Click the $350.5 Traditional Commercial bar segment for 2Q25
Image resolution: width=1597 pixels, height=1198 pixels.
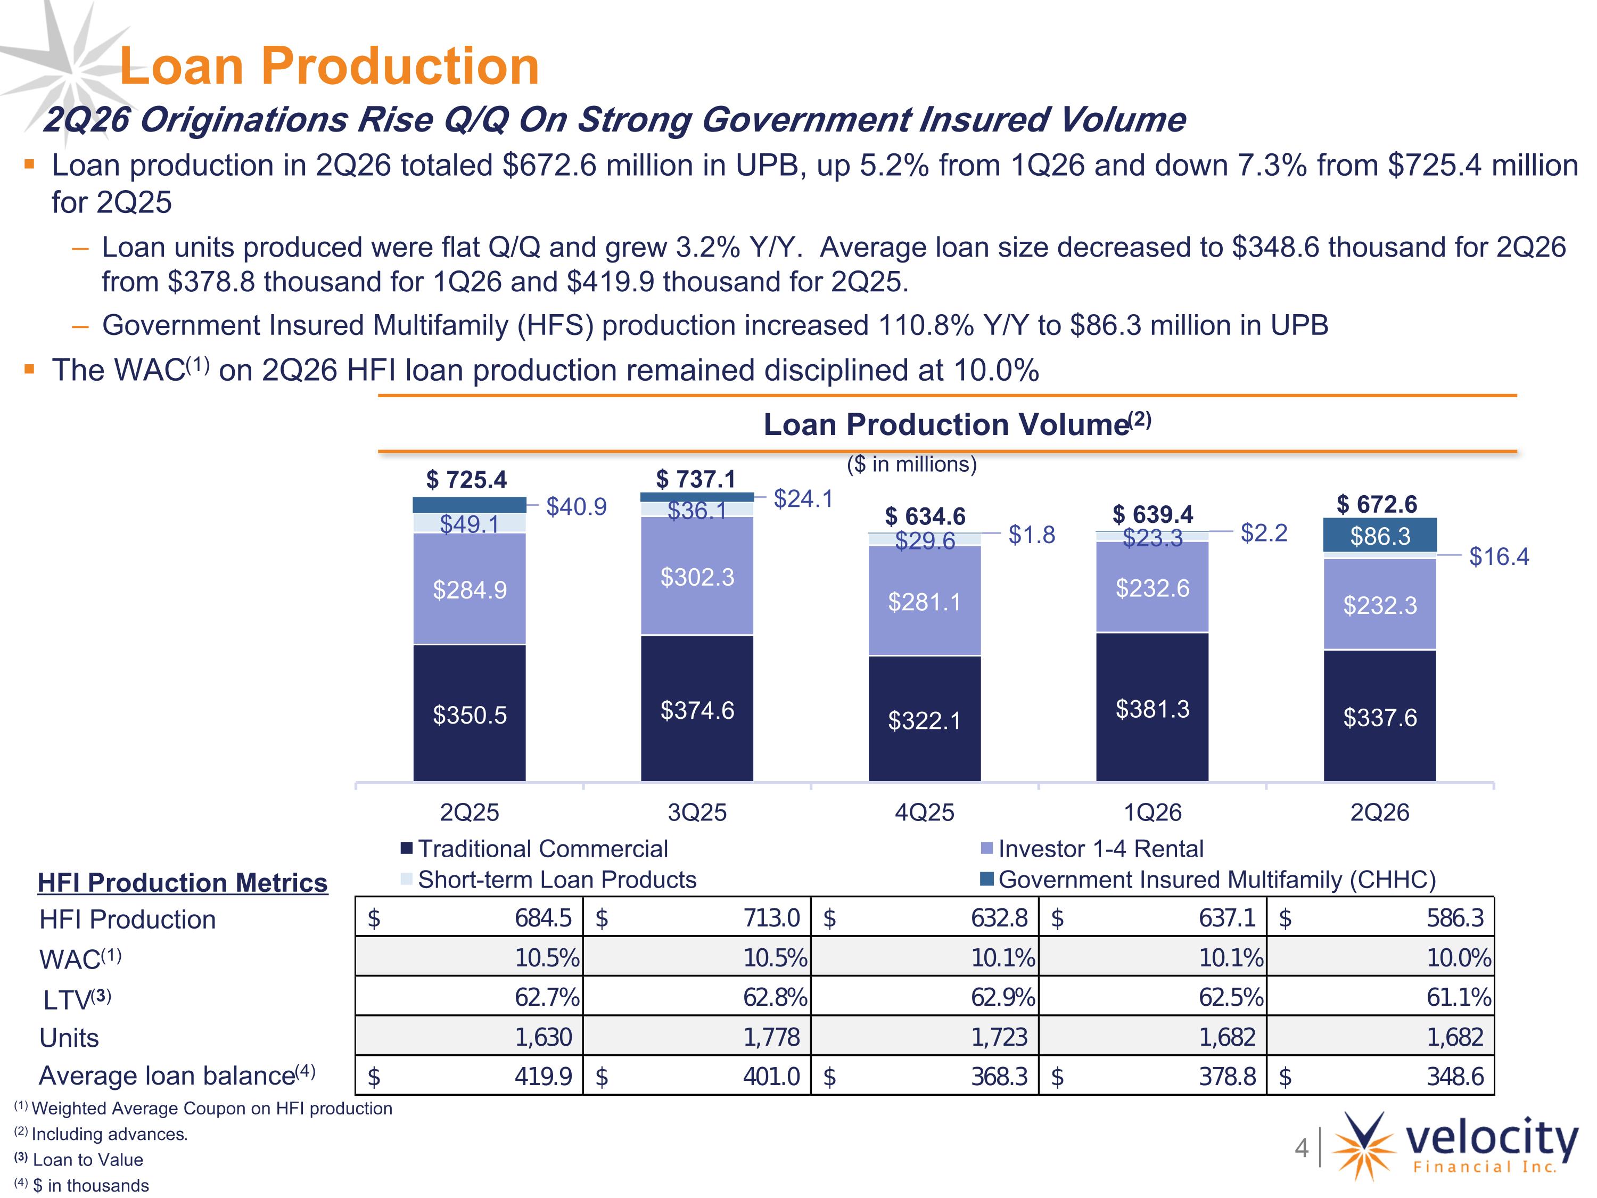pos(470,713)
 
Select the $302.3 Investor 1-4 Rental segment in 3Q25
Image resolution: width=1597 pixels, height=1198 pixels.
pos(697,576)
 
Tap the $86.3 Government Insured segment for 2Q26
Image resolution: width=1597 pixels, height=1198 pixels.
pos(1380,535)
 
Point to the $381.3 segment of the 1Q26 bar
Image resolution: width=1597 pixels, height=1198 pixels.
pos(1153,707)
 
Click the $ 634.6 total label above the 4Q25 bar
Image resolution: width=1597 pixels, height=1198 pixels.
pos(925,516)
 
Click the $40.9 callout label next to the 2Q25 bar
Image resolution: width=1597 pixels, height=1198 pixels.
pos(576,507)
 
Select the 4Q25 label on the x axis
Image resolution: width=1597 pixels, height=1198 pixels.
pos(925,813)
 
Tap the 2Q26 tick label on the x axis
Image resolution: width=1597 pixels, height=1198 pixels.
pos(1380,813)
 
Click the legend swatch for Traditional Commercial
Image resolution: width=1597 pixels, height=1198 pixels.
pos(407,848)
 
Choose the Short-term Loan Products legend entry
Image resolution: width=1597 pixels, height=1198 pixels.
pos(549,880)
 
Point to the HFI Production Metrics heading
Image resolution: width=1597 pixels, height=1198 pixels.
pos(183,882)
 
